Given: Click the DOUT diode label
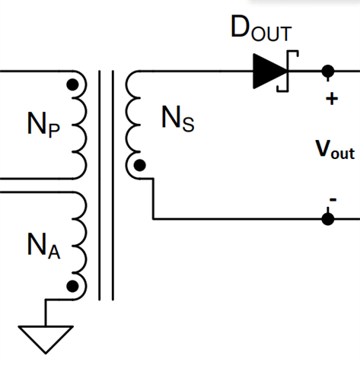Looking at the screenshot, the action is click(x=261, y=28).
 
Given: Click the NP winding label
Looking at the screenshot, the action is click(x=43, y=125).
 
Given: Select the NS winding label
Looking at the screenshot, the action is click(x=178, y=119).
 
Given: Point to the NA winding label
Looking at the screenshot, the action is click(x=43, y=246).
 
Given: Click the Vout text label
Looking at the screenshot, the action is click(x=335, y=150).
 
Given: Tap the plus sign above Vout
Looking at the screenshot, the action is click(x=332, y=99).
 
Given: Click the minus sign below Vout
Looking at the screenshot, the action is click(x=333, y=200).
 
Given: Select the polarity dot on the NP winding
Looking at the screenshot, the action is click(x=72, y=84).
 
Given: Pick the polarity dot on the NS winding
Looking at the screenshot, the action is click(x=139, y=166).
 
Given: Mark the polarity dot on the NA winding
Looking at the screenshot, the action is click(x=72, y=286).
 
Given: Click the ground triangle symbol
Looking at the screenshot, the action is click(x=46, y=339).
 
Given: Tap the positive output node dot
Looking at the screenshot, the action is click(x=328, y=71).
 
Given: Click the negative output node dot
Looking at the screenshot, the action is click(x=328, y=219).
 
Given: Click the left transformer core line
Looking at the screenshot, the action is click(x=100, y=186).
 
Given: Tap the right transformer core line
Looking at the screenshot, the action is click(x=113, y=186).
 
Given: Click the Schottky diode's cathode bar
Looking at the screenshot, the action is click(x=288, y=71).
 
